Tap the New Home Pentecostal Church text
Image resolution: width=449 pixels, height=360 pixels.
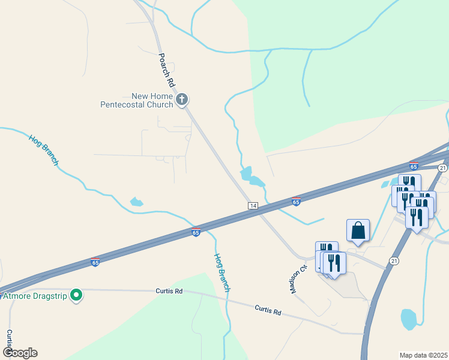136,100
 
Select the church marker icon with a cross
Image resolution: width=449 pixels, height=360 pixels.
182,99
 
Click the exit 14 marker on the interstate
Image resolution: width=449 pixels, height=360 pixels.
253,206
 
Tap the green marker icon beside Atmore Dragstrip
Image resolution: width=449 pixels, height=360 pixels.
76,295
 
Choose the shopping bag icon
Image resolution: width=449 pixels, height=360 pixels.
358,230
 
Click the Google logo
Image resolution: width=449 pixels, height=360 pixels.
20,353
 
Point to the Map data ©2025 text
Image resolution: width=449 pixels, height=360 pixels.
423,355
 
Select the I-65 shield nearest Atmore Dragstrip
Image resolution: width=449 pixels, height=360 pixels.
95,262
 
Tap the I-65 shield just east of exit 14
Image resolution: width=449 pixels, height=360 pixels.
296,202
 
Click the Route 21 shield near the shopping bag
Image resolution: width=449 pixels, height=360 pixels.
394,260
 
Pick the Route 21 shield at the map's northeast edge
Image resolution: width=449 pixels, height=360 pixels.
442,168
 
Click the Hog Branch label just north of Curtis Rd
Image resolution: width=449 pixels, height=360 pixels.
222,272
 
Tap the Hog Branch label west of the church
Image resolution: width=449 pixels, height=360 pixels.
44,149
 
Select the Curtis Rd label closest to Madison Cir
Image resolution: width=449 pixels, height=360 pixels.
268,311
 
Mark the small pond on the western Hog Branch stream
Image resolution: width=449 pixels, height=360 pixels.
137,202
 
